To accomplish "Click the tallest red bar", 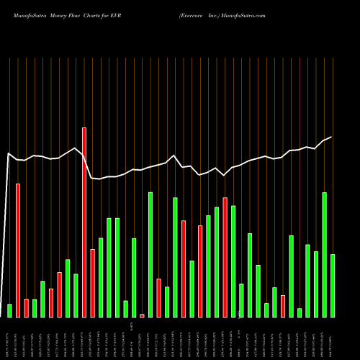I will pos(84,222).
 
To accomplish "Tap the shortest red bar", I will pos(142,315).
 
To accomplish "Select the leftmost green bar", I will pos(9,310).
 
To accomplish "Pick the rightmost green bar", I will pos(333,286).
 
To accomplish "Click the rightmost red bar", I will pos(283,306).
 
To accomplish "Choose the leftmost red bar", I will pos(18,251).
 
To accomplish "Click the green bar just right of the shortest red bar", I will pos(150,255).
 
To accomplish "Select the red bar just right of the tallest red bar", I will pos(93,283).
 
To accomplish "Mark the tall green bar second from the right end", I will pos(324,255).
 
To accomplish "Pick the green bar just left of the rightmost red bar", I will pos(274,302).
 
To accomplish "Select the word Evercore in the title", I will pos(194,14).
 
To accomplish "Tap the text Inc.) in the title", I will pos(215,14).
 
